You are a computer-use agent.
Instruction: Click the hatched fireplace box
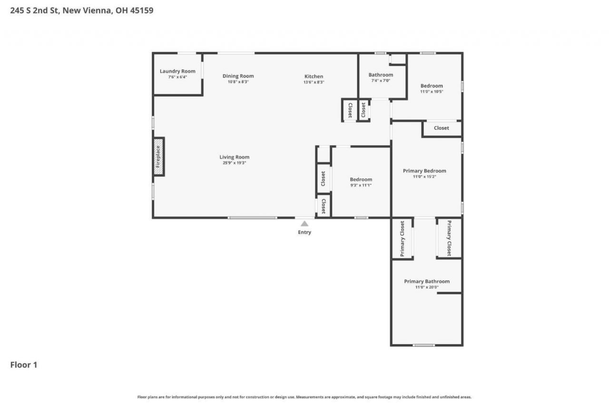point(158,157)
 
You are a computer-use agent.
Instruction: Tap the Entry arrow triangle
point(304,223)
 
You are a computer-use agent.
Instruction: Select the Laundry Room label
point(177,71)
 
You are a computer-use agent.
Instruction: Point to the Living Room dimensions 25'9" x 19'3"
point(235,163)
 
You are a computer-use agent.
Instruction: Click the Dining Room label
point(238,76)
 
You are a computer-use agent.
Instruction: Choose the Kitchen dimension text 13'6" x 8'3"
point(314,82)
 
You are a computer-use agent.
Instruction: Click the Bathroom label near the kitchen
point(381,75)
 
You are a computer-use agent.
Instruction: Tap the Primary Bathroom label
point(427,281)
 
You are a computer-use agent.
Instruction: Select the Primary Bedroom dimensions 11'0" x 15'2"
point(424,176)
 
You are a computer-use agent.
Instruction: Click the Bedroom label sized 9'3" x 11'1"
point(361,180)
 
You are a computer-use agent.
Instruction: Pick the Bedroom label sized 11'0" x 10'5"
point(432,86)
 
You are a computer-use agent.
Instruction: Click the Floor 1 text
point(24,365)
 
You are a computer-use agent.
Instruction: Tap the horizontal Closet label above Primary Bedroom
point(441,128)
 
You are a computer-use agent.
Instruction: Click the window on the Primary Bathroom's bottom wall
point(423,345)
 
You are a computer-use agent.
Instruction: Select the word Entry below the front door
point(304,232)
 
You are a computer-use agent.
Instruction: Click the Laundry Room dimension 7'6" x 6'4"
point(177,77)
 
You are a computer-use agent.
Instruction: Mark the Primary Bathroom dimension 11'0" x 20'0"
point(427,287)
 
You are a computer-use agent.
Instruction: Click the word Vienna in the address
point(97,10)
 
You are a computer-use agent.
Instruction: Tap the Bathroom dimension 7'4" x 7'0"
point(381,81)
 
